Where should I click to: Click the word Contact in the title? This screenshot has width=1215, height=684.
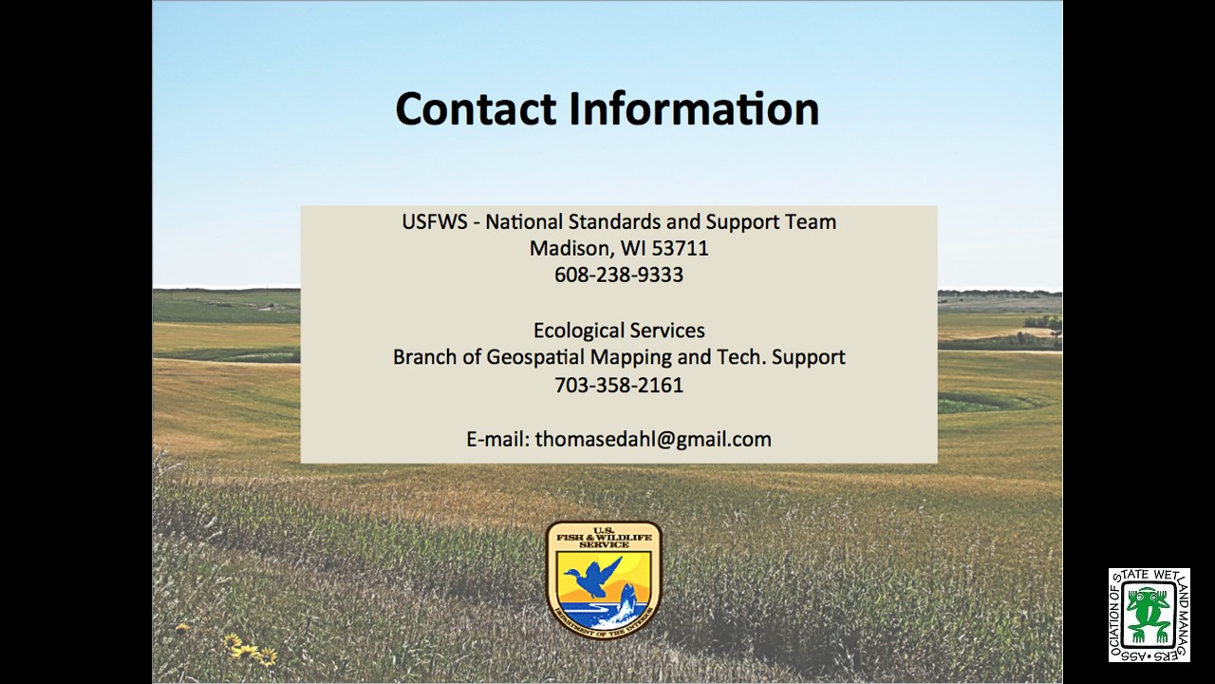(477, 108)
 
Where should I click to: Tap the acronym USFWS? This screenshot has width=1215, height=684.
(435, 221)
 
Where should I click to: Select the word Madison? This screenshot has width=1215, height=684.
(571, 248)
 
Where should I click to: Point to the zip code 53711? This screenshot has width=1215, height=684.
(681, 248)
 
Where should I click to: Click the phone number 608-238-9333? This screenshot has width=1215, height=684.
(619, 275)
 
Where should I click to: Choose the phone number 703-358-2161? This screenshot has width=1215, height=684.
(619, 385)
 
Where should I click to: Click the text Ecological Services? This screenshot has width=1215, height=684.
(619, 330)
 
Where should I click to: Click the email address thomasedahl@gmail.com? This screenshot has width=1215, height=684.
(653, 439)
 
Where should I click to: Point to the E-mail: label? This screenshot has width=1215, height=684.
(498, 439)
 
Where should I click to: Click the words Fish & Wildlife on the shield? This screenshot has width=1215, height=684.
(604, 538)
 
